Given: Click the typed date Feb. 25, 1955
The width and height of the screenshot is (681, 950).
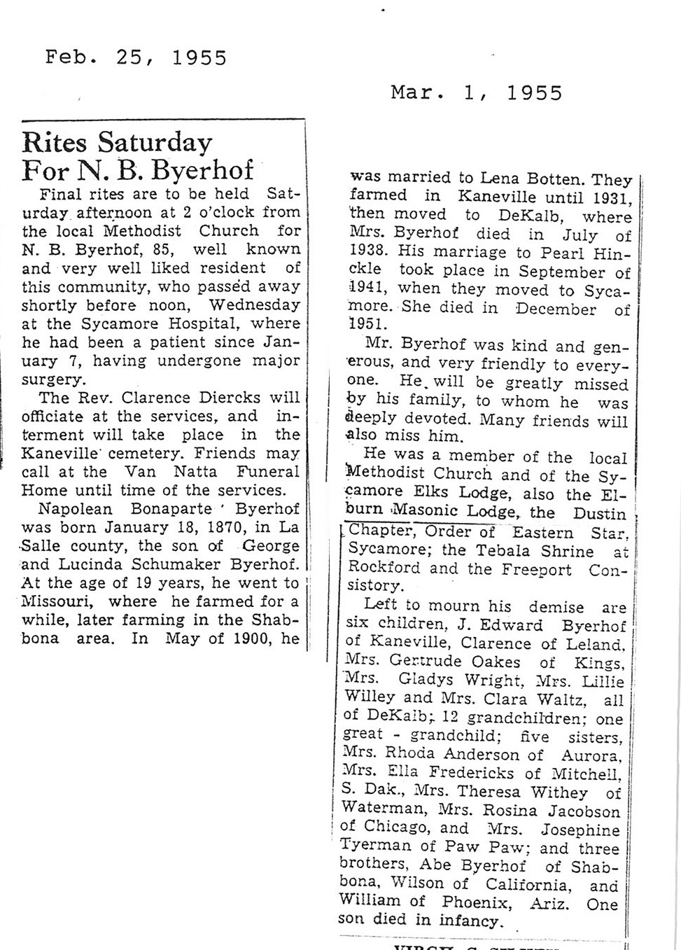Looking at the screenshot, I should click(x=136, y=57).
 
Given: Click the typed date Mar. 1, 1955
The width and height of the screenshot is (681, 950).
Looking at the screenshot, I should click(x=476, y=92).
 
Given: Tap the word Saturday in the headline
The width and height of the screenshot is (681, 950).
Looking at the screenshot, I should click(x=154, y=142).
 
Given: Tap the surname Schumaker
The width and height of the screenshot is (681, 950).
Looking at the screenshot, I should click(x=162, y=564).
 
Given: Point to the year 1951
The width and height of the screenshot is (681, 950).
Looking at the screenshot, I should click(x=367, y=325).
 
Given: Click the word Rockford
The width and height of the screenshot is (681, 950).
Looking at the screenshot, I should click(x=384, y=568).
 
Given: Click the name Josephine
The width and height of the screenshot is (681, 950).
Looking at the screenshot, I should click(x=581, y=830).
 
